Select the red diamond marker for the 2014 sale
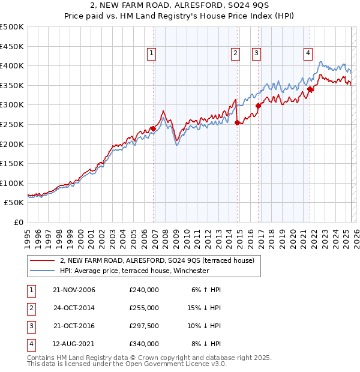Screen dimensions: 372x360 click(x=238, y=123)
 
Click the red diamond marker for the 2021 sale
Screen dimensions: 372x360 click(x=310, y=90)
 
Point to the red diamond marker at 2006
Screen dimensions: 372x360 click(x=154, y=128)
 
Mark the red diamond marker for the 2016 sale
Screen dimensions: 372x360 click(x=259, y=106)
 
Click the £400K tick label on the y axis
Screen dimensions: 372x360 click(x=12, y=65)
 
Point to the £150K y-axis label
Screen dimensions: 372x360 click(x=12, y=163)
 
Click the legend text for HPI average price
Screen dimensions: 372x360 click(x=134, y=271)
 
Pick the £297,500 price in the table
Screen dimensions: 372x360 click(x=144, y=325)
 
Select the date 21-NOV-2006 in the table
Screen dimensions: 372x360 click(x=74, y=290)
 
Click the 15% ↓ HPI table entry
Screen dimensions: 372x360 click(x=204, y=308)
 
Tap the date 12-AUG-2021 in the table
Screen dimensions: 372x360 click(x=74, y=344)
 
